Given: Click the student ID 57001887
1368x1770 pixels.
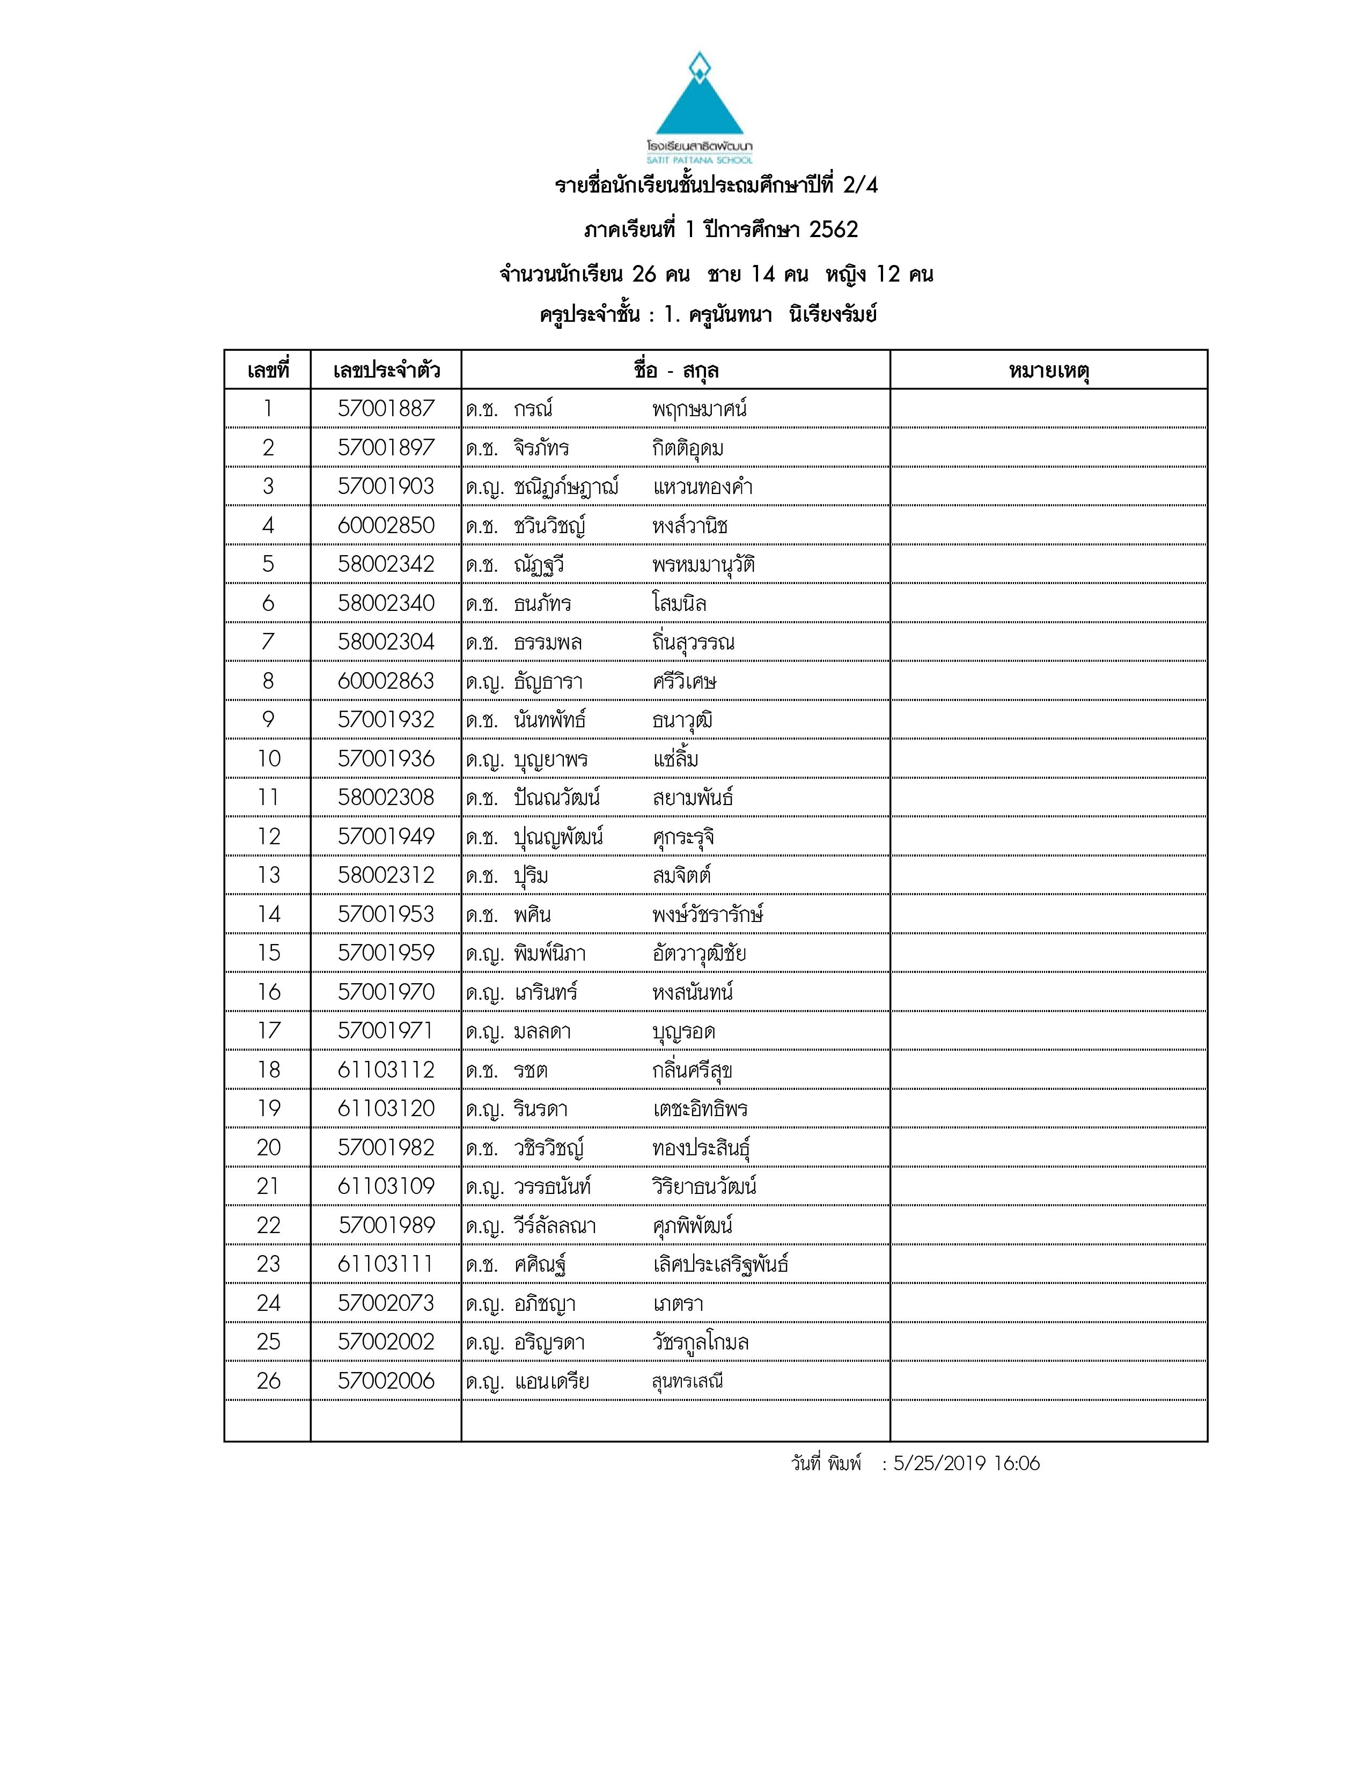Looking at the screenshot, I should tap(386, 409).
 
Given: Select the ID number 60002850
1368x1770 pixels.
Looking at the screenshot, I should tap(386, 525).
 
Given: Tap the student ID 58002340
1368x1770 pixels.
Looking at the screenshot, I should tap(386, 603).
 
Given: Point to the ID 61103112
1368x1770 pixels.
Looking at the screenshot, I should tap(386, 1070).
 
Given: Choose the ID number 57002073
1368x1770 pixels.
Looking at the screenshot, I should tap(386, 1303).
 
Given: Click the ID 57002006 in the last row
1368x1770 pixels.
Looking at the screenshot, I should tap(386, 1381).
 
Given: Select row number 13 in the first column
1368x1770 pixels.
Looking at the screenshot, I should tap(268, 875).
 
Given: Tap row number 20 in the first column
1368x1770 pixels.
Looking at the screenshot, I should tap(268, 1148).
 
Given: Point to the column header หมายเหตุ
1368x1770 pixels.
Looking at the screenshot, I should tap(1049, 371).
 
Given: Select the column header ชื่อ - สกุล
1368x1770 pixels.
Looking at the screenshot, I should tap(676, 371).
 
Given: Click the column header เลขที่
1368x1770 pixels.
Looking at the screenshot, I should tap(268, 371).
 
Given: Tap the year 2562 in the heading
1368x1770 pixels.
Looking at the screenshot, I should tap(833, 230).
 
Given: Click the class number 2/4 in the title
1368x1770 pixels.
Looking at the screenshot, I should tap(860, 186).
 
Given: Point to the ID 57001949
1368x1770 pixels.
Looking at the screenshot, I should tap(386, 836).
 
